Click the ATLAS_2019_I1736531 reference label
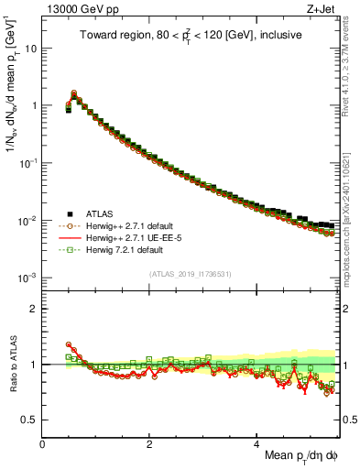pyautogui.click(x=191, y=274)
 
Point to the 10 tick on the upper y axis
pyautogui.click(x=31, y=49)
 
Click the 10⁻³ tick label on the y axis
pyautogui.click(x=28, y=278)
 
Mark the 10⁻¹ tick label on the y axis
pyautogui.click(x=28, y=163)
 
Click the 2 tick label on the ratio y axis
pyautogui.click(x=34, y=308)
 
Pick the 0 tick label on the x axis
pyautogui.click(x=43, y=443)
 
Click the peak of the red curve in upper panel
pyautogui.click(x=74, y=93)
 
